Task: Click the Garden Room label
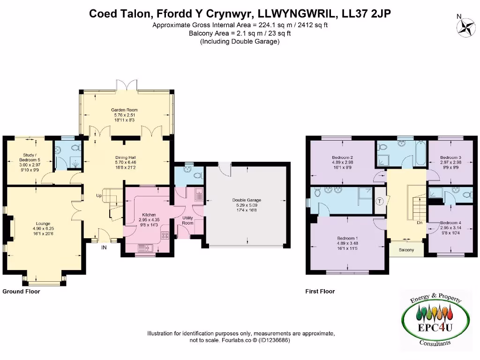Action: pyautogui.click(x=126, y=110)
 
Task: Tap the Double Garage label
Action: pyautogui.click(x=247, y=200)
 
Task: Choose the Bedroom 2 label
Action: pyautogui.click(x=342, y=157)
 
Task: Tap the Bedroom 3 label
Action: pyautogui.click(x=450, y=157)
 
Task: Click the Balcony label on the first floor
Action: pyautogui.click(x=406, y=250)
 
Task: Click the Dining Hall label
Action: pyautogui.click(x=125, y=157)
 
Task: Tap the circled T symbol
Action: pyautogui.click(x=380, y=201)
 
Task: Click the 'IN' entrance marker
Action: pyautogui.click(x=104, y=247)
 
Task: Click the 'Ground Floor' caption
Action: pyautogui.click(x=21, y=292)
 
